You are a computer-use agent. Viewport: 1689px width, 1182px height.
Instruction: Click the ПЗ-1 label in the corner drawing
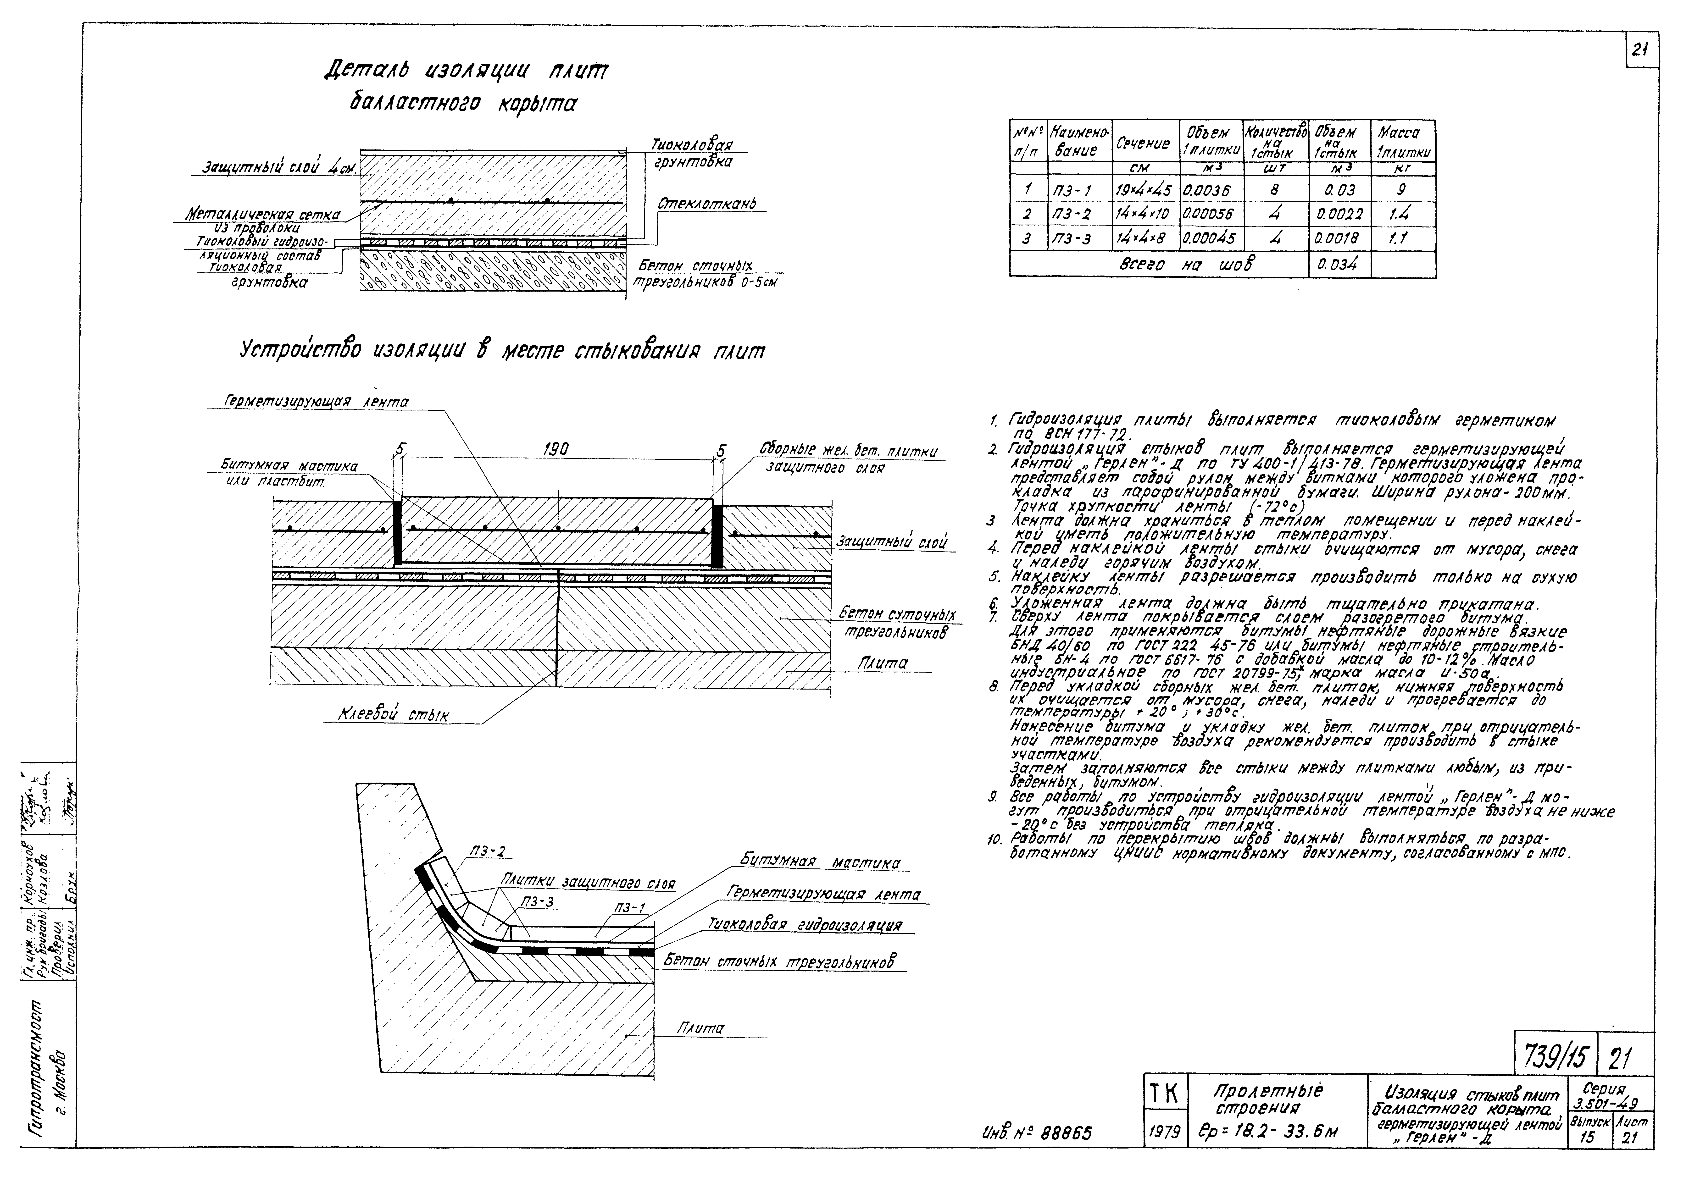pyautogui.click(x=630, y=908)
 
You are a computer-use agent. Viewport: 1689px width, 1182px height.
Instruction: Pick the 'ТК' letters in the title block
pyautogui.click(x=1162, y=1095)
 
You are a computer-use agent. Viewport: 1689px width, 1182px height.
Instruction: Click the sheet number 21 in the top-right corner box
pyautogui.click(x=1642, y=50)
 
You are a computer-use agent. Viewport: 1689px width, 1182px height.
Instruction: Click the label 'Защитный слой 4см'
pyautogui.click(x=279, y=168)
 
